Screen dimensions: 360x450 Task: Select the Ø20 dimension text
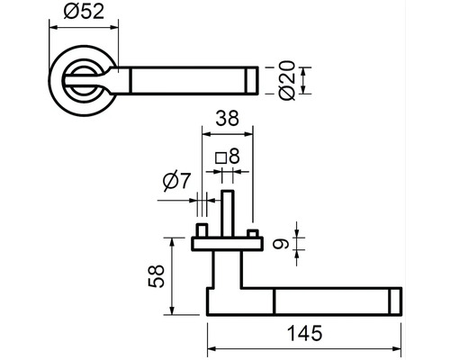289,80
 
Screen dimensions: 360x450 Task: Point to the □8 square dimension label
228,157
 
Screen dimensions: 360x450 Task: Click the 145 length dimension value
305,334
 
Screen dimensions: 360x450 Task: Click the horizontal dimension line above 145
305,348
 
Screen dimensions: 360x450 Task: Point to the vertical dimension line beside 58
168,274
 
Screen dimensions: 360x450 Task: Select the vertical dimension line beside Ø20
305,79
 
